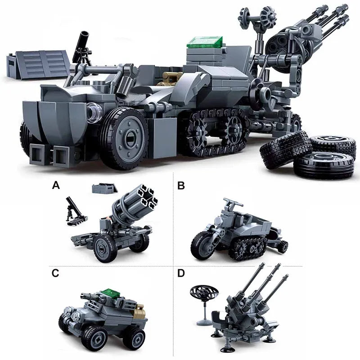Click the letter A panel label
56,185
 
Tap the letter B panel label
181,185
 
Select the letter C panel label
55,273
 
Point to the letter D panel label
181,274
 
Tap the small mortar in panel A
73,211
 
